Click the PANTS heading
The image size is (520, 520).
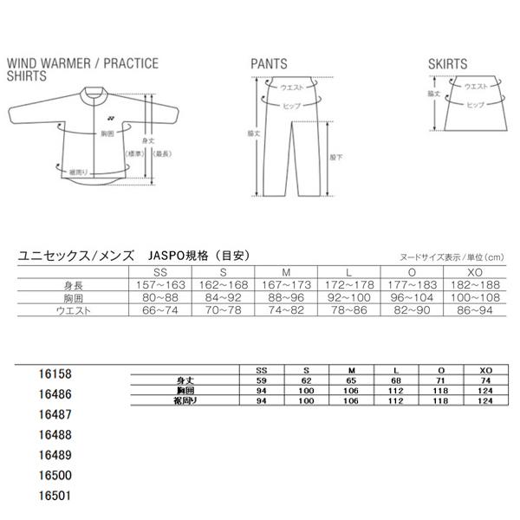click(269, 64)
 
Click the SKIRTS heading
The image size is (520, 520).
click(448, 64)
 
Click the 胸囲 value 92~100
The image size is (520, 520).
click(351, 297)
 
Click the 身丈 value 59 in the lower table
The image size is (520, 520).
click(263, 380)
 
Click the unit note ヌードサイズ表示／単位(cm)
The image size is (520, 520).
click(451, 257)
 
